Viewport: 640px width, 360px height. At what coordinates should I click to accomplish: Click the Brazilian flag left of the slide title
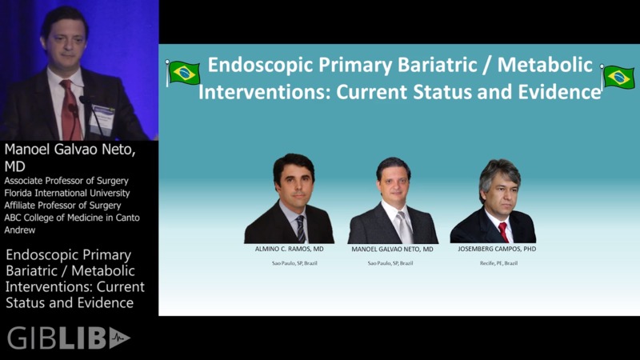pyautogui.click(x=182, y=73)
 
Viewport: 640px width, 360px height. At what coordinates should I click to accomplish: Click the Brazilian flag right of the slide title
pyautogui.click(x=618, y=78)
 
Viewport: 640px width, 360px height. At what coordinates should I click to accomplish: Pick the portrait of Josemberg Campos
pyautogui.click(x=494, y=201)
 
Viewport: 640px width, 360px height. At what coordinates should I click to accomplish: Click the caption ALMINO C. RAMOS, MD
pyautogui.click(x=289, y=250)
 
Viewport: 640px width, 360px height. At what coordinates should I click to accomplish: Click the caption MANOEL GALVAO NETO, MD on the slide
pyautogui.click(x=393, y=250)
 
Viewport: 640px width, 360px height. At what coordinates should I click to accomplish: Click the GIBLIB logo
pyautogui.click(x=68, y=338)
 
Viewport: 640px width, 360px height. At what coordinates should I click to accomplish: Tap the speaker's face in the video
pyautogui.click(x=64, y=40)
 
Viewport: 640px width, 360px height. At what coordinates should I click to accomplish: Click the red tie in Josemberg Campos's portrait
pyautogui.click(x=503, y=232)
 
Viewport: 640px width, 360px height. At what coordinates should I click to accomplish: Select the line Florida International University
pyautogui.click(x=67, y=193)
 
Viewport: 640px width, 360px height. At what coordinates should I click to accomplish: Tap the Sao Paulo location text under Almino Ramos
pyautogui.click(x=289, y=263)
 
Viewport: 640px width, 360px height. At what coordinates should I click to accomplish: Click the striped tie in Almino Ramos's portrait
pyautogui.click(x=300, y=228)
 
